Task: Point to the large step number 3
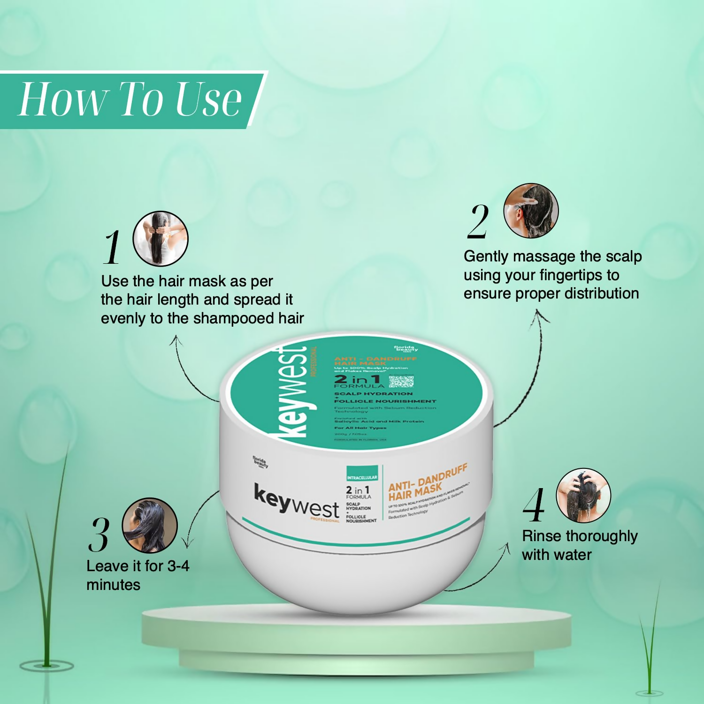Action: click(x=99, y=535)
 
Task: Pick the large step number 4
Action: click(x=534, y=505)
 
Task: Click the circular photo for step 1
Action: click(x=161, y=238)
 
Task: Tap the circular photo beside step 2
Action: click(x=531, y=211)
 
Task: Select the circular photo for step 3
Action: click(x=150, y=526)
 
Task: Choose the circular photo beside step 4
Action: click(x=583, y=496)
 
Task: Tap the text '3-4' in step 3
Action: click(x=178, y=566)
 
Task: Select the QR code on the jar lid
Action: click(x=401, y=381)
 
